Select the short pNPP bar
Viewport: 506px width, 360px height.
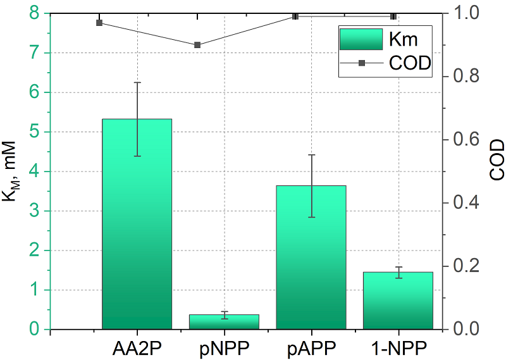224,322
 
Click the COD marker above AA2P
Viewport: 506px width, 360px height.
99,23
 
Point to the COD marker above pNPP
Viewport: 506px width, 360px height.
197,45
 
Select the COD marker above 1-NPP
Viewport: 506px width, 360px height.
393,16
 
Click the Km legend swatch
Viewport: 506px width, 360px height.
361,39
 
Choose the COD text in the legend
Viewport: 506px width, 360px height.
410,63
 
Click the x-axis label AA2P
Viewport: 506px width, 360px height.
137,347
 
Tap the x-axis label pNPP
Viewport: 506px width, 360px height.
224,347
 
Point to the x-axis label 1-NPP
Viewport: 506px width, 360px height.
398,347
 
